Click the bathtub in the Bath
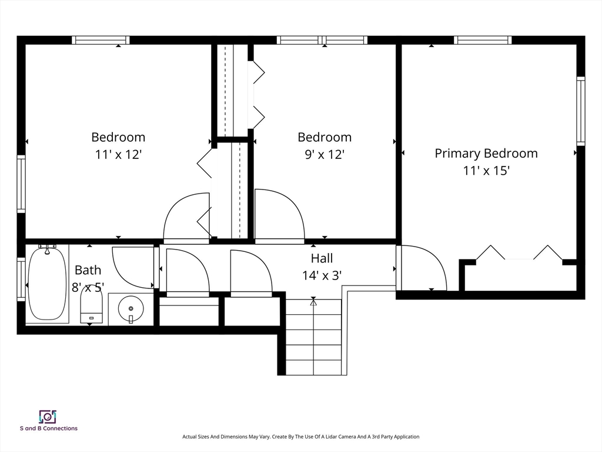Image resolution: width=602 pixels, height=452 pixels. pyautogui.click(x=48, y=284)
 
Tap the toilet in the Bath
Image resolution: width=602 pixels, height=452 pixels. pyautogui.click(x=91, y=305)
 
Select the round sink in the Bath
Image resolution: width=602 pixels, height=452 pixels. pyautogui.click(x=131, y=308)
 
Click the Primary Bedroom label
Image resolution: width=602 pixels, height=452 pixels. pyautogui.click(x=486, y=153)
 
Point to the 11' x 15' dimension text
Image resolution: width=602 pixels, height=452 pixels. pyautogui.click(x=486, y=170)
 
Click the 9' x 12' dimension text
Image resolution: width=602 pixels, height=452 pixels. pyautogui.click(x=325, y=155)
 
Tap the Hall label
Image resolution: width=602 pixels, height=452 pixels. pyautogui.click(x=322, y=258)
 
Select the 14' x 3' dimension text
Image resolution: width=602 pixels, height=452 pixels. pyautogui.click(x=322, y=275)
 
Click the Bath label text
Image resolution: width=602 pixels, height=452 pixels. pyautogui.click(x=88, y=270)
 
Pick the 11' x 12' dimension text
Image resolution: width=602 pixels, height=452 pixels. pyautogui.click(x=118, y=155)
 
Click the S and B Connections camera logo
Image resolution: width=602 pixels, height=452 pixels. pyautogui.click(x=48, y=417)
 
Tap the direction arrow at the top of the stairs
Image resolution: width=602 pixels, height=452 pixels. pyautogui.click(x=313, y=303)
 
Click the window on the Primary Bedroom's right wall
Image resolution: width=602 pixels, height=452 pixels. pyautogui.click(x=580, y=111)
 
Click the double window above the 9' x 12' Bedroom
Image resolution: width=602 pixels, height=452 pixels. pyautogui.click(x=322, y=40)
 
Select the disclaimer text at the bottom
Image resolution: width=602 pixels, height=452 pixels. pyautogui.click(x=300, y=437)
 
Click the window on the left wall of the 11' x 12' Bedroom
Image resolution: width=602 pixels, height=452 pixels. pyautogui.click(x=21, y=184)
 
